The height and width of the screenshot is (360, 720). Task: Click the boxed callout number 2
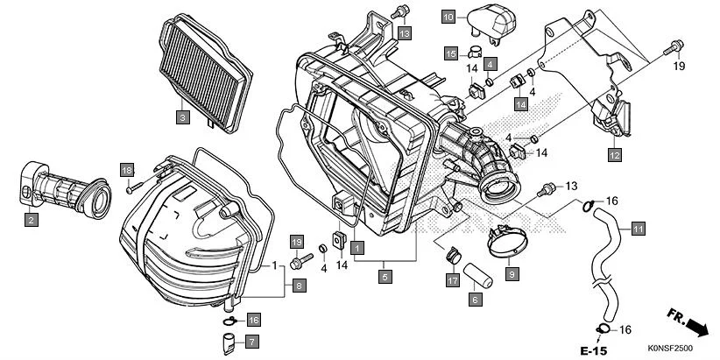31,220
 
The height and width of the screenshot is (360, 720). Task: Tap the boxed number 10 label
448,17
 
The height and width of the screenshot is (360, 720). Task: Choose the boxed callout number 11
638,229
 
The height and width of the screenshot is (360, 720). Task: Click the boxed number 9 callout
512,274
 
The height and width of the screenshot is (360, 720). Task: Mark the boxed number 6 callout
476,300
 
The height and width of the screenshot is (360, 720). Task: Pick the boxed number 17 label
453,280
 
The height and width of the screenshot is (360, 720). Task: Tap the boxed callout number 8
299,285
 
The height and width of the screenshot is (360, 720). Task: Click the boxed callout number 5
385,277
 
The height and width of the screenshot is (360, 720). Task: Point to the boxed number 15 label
449,53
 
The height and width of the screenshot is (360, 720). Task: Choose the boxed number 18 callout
127,169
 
